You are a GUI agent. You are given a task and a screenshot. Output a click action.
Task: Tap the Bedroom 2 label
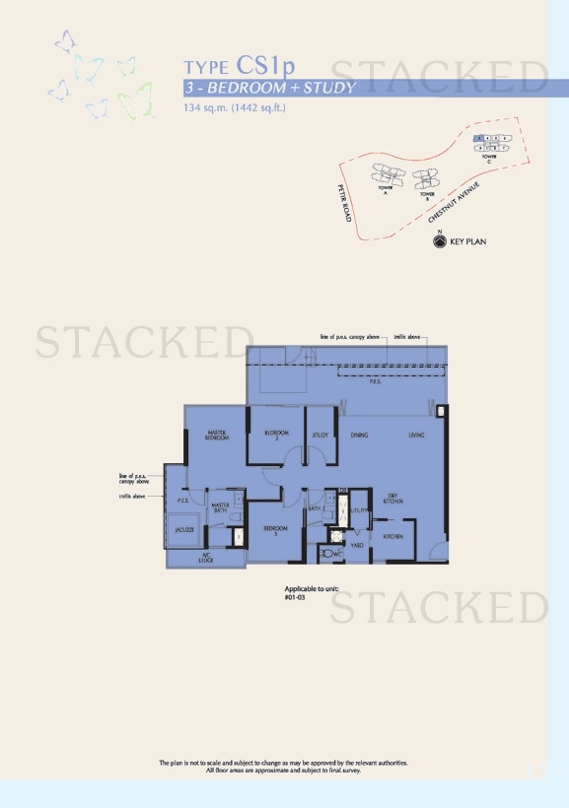tap(276, 434)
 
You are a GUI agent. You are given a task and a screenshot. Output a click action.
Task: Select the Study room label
tap(320, 434)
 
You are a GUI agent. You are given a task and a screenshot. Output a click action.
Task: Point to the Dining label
tap(359, 435)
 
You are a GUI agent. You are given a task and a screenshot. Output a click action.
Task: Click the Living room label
tap(417, 435)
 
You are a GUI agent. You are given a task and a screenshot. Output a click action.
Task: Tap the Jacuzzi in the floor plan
tap(183, 530)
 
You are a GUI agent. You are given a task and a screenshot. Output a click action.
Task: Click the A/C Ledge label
tap(207, 558)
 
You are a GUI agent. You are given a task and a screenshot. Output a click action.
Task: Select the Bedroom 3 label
tap(275, 529)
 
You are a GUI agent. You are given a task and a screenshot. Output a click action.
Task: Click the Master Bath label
tap(220, 508)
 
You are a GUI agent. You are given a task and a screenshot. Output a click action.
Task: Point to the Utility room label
tap(359, 510)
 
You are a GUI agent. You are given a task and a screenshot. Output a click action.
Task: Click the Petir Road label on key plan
tap(344, 202)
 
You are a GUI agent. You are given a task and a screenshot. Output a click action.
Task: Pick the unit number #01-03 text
tap(295, 597)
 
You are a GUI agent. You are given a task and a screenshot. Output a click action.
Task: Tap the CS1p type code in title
tap(265, 66)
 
